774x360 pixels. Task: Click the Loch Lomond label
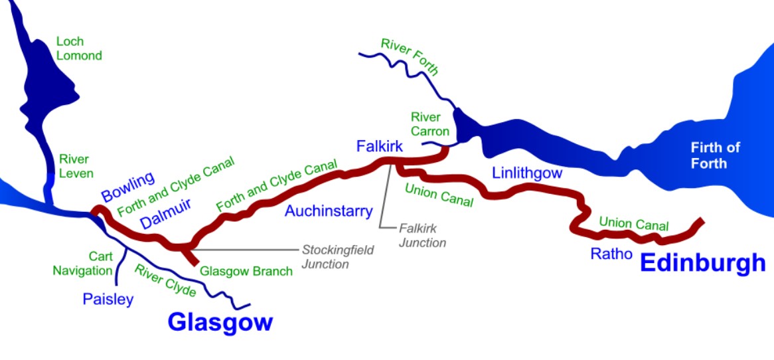click(x=79, y=48)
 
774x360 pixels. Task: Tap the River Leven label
click(x=74, y=166)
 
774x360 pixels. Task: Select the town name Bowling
click(x=128, y=187)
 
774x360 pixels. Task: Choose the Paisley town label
click(x=108, y=299)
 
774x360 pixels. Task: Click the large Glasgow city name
click(x=220, y=322)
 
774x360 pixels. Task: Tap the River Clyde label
click(x=166, y=280)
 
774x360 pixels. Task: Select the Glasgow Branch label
click(x=246, y=271)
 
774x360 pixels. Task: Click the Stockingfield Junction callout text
click(x=338, y=256)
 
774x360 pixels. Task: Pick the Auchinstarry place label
click(x=329, y=211)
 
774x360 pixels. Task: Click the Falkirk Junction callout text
click(x=422, y=235)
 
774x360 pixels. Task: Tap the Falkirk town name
click(x=379, y=146)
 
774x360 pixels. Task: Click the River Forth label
click(x=410, y=56)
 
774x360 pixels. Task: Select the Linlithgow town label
click(x=527, y=173)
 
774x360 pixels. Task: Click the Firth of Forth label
click(x=715, y=155)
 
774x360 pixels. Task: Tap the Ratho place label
click(x=611, y=253)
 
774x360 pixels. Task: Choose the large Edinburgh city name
click(x=702, y=263)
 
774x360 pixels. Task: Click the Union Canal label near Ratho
click(x=633, y=224)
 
